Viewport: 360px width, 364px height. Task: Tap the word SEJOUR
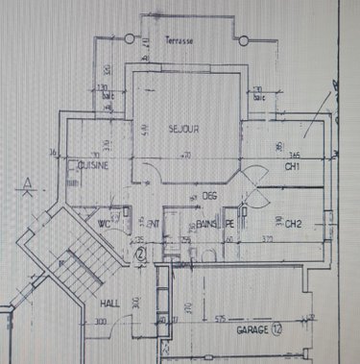tap(182, 129)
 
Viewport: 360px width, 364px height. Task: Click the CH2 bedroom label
tap(293, 226)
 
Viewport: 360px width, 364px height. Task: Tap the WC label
tap(104, 224)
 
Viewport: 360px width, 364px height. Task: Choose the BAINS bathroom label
tap(206, 225)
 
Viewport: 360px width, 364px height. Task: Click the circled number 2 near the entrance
tap(139, 255)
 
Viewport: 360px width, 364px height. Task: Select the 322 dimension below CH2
tap(269, 238)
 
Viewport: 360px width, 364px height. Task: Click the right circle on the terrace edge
tap(244, 41)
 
